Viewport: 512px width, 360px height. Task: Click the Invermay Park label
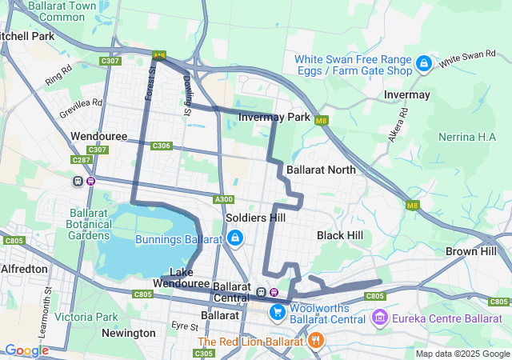click(274, 118)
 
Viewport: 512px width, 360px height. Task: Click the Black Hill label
click(339, 235)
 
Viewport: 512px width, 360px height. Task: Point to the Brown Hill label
click(471, 251)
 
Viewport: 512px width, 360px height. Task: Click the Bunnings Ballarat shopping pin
click(235, 238)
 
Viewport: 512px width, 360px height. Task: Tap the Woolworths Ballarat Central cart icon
click(278, 311)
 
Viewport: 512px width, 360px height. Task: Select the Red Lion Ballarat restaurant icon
click(316, 340)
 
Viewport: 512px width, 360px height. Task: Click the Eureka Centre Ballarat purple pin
click(379, 318)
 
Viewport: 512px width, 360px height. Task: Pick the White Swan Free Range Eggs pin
click(424, 63)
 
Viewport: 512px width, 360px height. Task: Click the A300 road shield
click(224, 199)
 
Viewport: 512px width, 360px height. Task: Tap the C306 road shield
click(162, 146)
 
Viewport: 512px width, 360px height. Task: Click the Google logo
click(26, 350)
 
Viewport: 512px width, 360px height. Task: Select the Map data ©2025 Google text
click(462, 354)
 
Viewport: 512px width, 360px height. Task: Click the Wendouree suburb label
click(99, 137)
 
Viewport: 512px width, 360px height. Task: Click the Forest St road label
click(150, 84)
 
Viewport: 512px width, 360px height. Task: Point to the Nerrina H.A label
click(468, 137)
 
